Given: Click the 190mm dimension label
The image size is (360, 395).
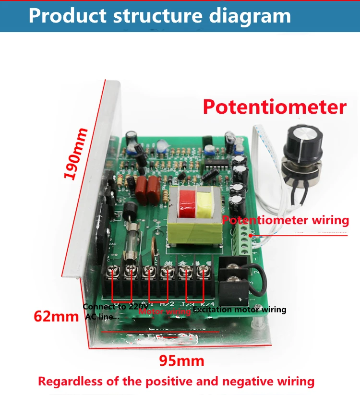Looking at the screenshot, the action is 77,153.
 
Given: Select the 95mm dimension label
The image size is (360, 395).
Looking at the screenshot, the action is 182,360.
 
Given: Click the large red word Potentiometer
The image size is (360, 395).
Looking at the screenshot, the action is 274,107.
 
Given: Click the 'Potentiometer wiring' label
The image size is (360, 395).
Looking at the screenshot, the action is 286,220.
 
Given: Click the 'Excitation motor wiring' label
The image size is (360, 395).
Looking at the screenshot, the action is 240,310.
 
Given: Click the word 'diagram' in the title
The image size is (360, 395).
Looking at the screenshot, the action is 250,16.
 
